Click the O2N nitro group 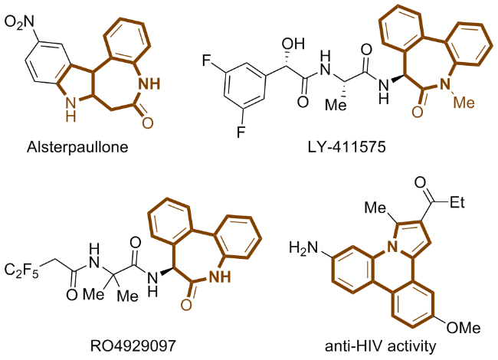click(24, 13)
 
